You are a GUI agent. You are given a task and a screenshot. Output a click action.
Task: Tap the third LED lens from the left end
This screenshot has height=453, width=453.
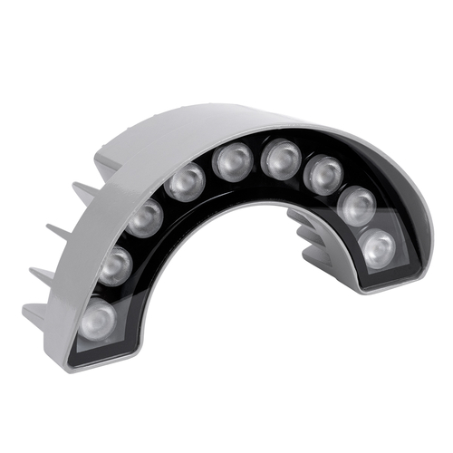coord(145,217)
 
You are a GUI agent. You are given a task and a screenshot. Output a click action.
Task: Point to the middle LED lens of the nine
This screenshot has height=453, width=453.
coord(232,162)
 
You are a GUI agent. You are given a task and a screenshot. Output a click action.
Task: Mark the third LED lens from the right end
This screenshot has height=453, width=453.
coord(322,174)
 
